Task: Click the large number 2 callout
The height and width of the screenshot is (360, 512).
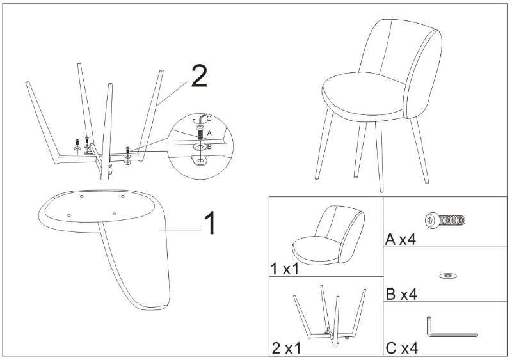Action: click(198, 77)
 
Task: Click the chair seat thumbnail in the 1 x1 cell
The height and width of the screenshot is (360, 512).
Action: click(326, 237)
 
